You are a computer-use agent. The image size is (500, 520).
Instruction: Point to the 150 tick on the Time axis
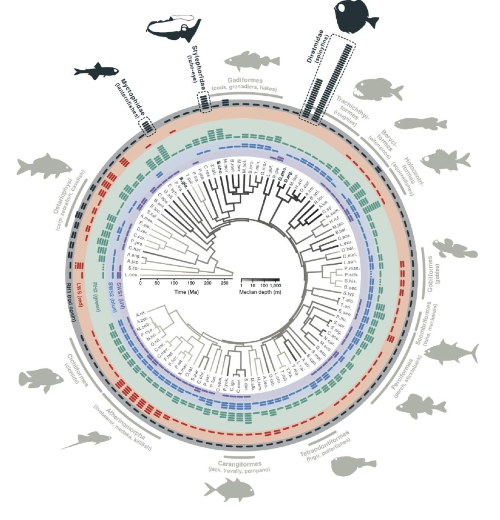191,283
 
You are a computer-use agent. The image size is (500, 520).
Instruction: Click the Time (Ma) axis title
186,292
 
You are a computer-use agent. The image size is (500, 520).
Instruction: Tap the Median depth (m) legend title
260,292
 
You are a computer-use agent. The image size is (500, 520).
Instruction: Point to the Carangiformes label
240,464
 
